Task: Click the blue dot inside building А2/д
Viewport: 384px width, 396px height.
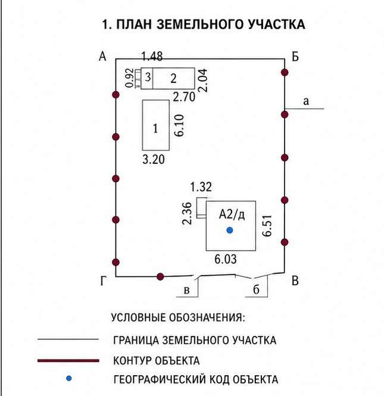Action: (x=230, y=230)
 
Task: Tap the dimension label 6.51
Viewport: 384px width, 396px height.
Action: (x=267, y=226)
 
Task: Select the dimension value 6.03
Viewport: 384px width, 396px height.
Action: (x=226, y=259)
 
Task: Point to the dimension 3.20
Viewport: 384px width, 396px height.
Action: (x=154, y=160)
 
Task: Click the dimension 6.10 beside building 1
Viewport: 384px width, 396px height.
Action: (x=179, y=126)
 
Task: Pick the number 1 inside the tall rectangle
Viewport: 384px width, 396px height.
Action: (x=155, y=129)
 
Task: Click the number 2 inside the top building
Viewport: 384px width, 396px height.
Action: (x=173, y=79)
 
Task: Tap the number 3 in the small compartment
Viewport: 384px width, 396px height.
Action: (x=148, y=77)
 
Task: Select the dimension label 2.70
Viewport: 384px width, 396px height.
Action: (x=184, y=97)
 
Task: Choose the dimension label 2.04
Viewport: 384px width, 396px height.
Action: (x=203, y=80)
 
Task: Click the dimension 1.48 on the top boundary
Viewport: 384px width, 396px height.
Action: (x=152, y=56)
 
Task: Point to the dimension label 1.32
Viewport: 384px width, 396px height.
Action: (x=201, y=187)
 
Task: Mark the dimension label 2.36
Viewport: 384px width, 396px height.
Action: (x=187, y=213)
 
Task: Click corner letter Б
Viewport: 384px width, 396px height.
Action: (x=295, y=57)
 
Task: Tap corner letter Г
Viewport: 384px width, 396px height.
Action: (x=103, y=280)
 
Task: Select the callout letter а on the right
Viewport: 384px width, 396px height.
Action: (x=306, y=101)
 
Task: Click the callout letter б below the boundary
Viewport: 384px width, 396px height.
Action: (x=256, y=289)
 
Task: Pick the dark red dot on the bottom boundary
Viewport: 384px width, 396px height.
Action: (x=160, y=277)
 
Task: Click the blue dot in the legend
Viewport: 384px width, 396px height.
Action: (x=68, y=378)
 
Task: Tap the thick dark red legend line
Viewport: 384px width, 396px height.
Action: (x=68, y=361)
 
